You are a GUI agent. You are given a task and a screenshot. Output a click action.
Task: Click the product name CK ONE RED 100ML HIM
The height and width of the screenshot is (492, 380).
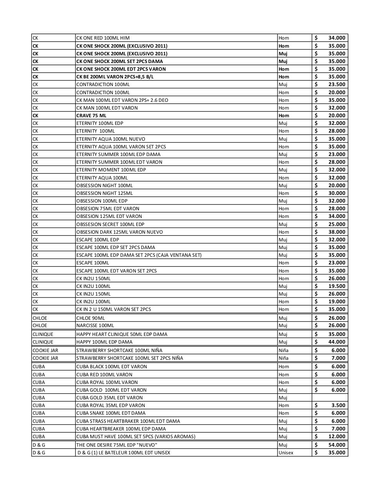103,38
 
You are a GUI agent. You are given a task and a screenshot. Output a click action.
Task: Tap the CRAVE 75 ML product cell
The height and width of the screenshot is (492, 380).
91,115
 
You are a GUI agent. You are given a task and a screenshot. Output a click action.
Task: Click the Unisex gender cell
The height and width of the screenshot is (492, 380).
286,452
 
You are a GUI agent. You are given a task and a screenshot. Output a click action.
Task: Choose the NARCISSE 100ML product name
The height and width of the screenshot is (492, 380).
95,325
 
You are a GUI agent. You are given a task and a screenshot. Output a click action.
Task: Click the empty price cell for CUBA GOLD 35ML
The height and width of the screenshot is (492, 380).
330,397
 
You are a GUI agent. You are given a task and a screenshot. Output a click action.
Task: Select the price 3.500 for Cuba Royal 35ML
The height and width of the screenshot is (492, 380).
338,405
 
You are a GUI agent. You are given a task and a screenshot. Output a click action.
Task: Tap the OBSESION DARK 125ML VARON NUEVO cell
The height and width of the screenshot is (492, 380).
119,232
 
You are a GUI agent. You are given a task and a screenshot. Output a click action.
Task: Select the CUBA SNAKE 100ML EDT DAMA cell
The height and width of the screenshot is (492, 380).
111,413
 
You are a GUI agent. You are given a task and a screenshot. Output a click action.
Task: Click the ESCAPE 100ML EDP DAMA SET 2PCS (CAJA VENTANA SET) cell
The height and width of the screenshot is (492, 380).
139,255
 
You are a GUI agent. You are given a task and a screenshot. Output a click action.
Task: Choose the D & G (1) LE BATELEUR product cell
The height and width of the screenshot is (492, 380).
124,452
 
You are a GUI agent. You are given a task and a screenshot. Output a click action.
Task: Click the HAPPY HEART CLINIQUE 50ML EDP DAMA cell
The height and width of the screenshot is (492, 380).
122,334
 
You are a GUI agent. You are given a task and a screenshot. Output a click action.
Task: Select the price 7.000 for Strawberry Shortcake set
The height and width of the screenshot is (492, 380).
338,358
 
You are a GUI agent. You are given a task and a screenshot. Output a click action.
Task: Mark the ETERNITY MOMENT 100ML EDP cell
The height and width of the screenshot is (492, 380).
111,170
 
